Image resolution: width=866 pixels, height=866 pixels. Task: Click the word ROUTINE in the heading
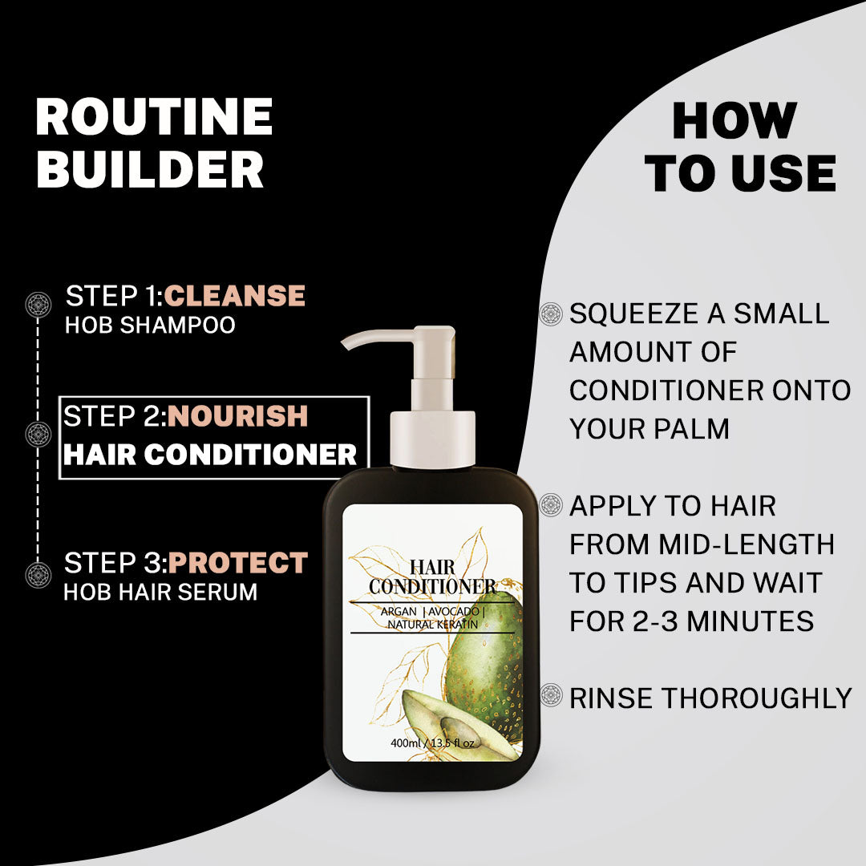154,116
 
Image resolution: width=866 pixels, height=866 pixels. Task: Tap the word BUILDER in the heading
150,169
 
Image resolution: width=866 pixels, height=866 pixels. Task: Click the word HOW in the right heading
734,121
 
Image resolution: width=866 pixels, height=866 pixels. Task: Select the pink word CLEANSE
234,295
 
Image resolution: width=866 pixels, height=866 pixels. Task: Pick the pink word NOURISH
237,416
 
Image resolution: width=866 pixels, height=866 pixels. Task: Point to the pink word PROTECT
238,563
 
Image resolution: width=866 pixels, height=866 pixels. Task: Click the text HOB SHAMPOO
150,325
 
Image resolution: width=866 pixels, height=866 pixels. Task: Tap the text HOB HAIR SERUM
160,592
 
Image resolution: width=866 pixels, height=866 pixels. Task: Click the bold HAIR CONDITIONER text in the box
210,455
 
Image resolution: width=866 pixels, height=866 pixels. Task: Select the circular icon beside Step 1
38,305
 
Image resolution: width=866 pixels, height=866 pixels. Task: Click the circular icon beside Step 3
38,574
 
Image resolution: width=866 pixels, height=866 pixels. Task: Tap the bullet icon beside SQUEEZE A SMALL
551,314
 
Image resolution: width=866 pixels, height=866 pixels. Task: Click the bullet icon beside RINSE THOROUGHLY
551,694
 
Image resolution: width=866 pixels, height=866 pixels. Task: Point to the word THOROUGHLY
757,698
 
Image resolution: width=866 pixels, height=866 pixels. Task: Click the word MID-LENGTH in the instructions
747,544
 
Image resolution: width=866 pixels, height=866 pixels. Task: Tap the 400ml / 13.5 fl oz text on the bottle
432,743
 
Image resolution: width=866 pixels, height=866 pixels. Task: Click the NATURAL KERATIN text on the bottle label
432,625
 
